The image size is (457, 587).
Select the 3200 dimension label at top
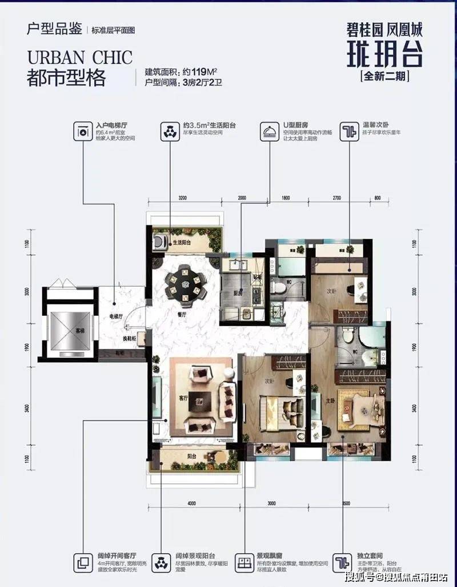182,197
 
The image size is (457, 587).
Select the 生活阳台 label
182,243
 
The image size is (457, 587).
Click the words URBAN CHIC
79,58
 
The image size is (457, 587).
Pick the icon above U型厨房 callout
266,131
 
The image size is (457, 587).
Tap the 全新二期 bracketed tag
386,75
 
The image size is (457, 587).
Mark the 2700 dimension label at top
336,197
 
